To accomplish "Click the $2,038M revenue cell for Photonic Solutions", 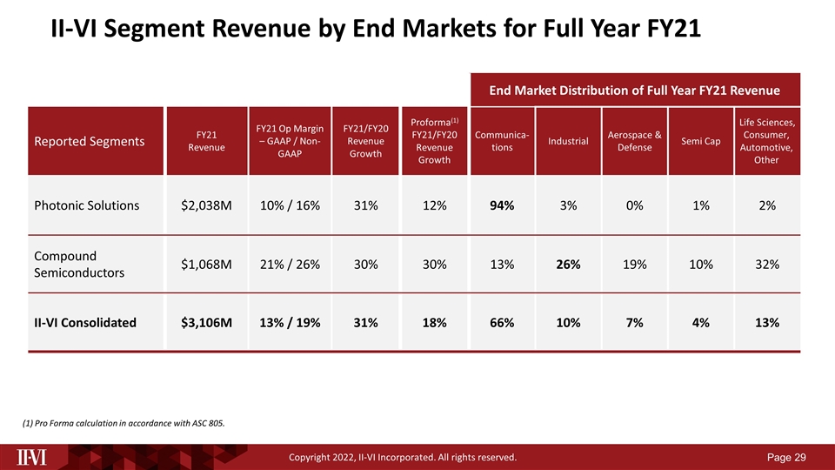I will click(206, 205).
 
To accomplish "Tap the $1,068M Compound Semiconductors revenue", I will click(206, 264).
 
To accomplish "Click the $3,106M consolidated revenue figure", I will click(206, 322).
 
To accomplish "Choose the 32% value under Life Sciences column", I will click(766, 264).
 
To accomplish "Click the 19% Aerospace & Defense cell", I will click(634, 264).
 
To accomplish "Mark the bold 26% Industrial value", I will click(568, 264).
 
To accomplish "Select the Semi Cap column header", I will click(700, 141).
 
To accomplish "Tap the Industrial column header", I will click(568, 141).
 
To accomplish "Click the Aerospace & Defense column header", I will click(634, 141).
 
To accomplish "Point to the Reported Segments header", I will click(90, 141).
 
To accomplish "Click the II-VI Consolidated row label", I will click(85, 322).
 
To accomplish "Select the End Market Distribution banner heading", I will click(634, 90).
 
